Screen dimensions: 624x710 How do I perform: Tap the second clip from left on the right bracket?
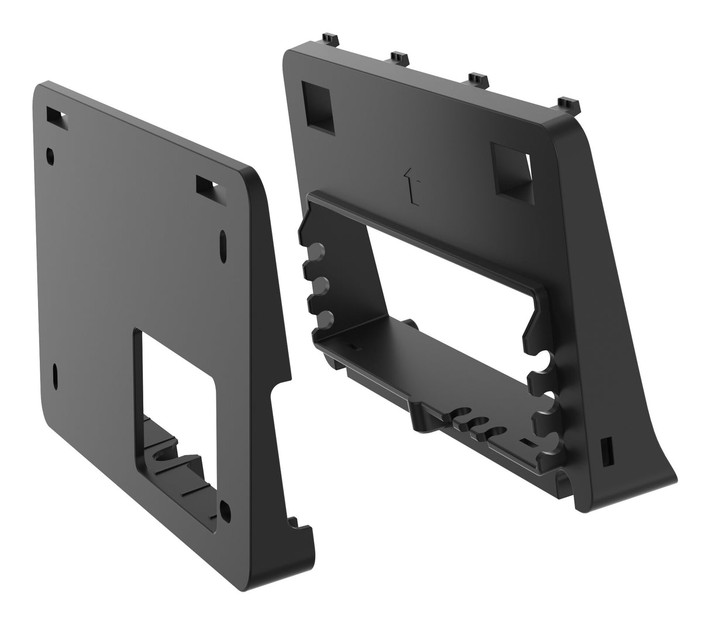399,57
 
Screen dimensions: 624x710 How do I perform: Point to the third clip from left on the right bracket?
478,78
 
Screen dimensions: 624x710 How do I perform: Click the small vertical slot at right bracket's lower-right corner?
606,448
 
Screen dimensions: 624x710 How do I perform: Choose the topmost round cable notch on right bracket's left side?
315,253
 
